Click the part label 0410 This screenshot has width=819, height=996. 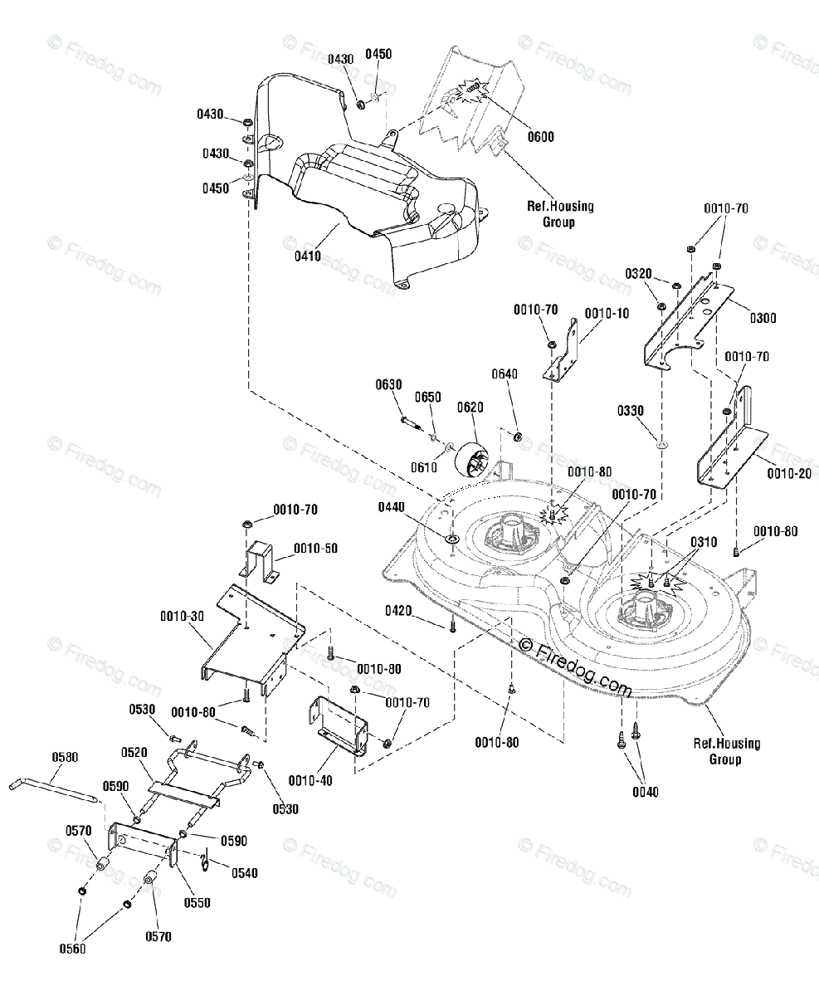(x=308, y=256)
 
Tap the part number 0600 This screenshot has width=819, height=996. (x=541, y=137)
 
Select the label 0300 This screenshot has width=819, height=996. (x=763, y=318)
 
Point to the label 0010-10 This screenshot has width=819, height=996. (x=607, y=313)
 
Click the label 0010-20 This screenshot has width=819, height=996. (x=789, y=473)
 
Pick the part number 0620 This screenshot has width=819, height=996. (x=470, y=407)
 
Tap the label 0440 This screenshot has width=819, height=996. (x=392, y=507)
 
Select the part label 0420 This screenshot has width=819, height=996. (x=398, y=611)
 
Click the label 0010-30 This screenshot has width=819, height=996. (x=183, y=616)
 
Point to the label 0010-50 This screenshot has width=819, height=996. (x=316, y=549)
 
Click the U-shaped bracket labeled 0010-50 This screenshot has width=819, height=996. (x=259, y=559)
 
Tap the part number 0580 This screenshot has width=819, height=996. (x=66, y=757)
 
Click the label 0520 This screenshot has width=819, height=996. (x=134, y=752)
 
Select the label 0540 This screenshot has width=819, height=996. (x=245, y=873)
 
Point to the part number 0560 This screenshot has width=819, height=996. (x=73, y=949)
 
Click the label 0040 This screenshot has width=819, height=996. (x=646, y=792)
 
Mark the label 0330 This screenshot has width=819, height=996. (x=631, y=410)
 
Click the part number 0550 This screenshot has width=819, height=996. (x=197, y=902)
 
